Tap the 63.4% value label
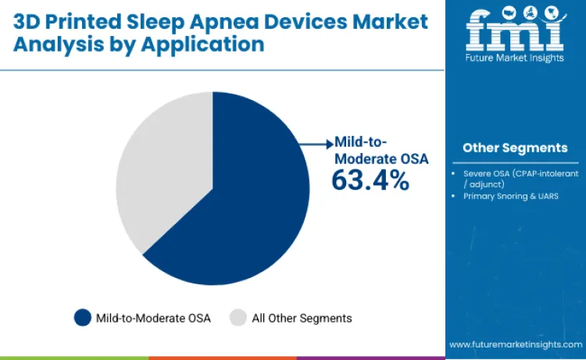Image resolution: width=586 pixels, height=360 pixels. pyautogui.click(x=370, y=180)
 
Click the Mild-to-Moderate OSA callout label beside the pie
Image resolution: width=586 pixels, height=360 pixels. pyautogui.click(x=381, y=151)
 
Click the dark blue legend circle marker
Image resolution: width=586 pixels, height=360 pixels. pyautogui.click(x=83, y=318)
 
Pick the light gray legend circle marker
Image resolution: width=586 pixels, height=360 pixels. pyautogui.click(x=238, y=318)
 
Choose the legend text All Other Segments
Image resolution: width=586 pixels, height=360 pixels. pyautogui.click(x=302, y=318)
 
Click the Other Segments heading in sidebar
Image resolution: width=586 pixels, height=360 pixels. pyautogui.click(x=515, y=148)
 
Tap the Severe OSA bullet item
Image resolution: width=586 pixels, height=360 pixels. pyautogui.click(x=517, y=178)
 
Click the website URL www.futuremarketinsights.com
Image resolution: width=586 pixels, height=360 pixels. pyautogui.click(x=514, y=344)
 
